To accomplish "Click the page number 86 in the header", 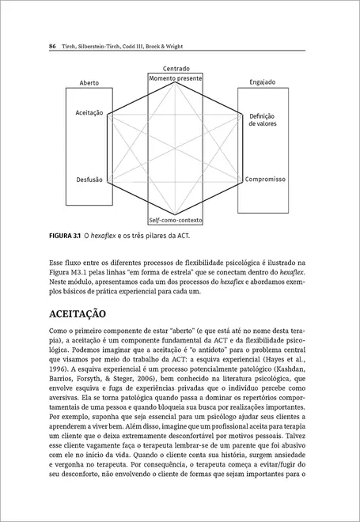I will (52, 47).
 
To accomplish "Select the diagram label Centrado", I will (176, 70).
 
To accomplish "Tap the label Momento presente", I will (176, 78).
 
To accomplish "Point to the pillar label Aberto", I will (89, 83).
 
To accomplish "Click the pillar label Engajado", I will (262, 82).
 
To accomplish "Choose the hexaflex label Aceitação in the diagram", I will (89, 113).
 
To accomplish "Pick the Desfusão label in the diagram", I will (89, 180).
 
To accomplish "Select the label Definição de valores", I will (262, 119).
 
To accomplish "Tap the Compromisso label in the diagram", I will (265, 180).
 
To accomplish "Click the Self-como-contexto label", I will (176, 219).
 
